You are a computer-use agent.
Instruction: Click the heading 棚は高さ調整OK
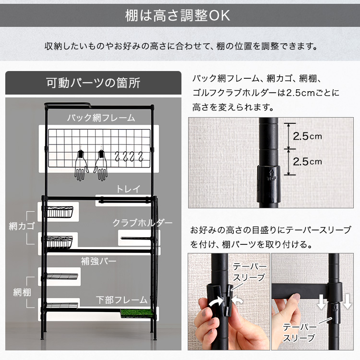tap(180, 15)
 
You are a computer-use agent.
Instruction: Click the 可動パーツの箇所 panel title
tap(93, 83)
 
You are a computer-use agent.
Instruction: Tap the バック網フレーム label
tap(101, 118)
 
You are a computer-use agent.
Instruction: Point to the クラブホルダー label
tap(142, 223)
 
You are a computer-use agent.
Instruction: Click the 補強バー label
tap(99, 262)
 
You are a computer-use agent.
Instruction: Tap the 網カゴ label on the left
tap(20, 226)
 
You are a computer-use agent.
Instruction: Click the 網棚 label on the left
tap(20, 291)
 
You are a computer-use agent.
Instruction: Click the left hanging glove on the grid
tap(81, 166)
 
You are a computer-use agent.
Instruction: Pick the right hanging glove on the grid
tap(101, 166)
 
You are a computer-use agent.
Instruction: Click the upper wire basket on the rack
tap(60, 212)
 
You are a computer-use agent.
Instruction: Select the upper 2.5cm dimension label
tap(307, 136)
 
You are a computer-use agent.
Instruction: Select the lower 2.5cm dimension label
tap(307, 162)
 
